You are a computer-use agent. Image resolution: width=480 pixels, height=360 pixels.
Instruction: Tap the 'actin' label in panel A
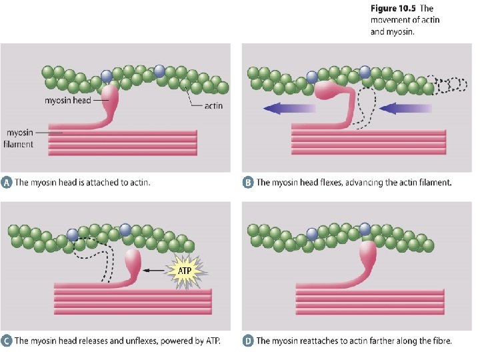213,105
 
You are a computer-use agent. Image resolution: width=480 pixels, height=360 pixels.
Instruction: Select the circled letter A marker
7,182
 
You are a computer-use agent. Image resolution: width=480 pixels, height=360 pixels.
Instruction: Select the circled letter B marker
248,182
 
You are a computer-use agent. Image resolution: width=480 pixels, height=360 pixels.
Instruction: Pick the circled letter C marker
7,341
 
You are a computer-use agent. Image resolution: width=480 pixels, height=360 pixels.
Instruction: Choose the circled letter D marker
248,341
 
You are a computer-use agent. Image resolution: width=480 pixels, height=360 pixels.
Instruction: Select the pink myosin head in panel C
133,262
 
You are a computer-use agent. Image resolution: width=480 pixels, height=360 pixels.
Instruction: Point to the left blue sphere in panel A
107,77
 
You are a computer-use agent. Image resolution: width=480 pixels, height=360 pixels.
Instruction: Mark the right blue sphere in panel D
365,229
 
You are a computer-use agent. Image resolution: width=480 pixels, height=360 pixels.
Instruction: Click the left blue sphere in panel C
73,235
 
